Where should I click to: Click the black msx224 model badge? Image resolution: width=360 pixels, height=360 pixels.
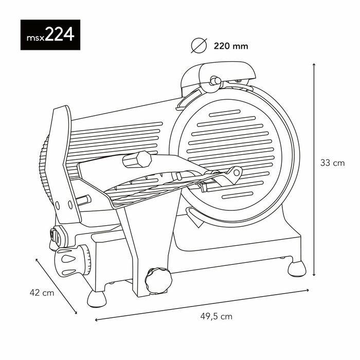(47, 35)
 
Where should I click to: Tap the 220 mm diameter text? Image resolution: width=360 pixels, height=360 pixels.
(231, 46)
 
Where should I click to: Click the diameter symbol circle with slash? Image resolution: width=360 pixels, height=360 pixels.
(199, 46)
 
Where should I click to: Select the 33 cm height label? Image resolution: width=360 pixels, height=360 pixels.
(332, 163)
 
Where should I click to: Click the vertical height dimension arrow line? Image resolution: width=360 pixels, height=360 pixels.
(314, 170)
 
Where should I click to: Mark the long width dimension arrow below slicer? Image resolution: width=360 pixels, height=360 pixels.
(202, 305)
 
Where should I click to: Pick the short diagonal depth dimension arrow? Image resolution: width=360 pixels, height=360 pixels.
(56, 285)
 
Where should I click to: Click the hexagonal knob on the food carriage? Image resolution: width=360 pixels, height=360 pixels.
(137, 160)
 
